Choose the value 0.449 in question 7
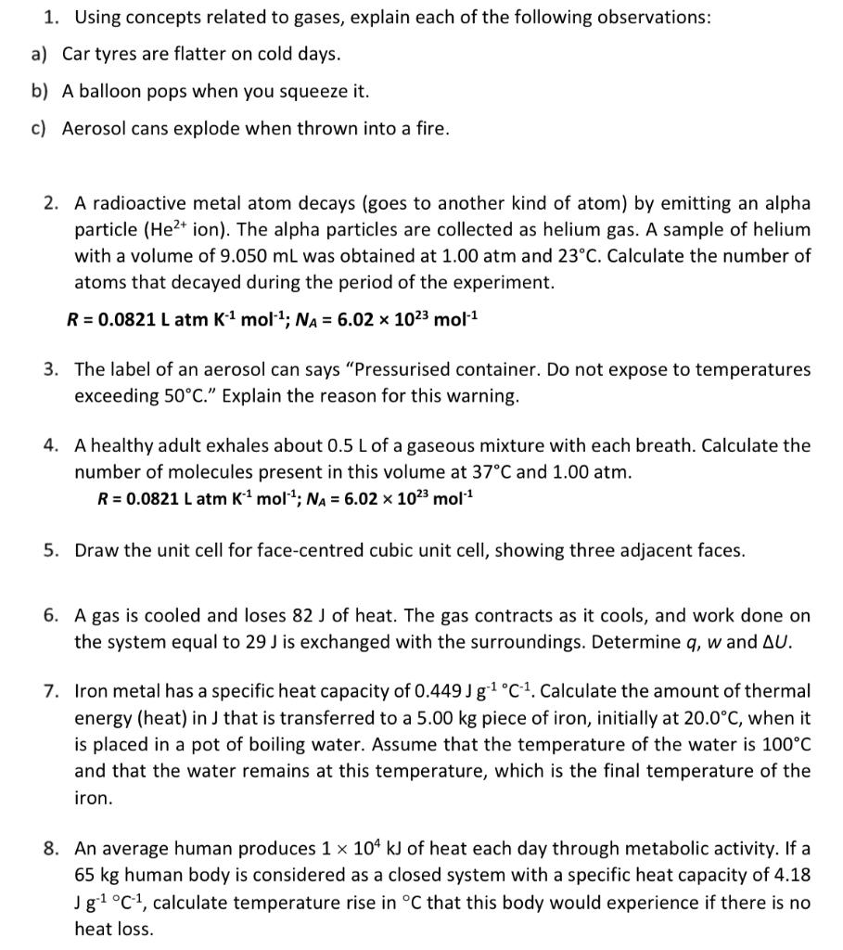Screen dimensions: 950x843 pos(399,691)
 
